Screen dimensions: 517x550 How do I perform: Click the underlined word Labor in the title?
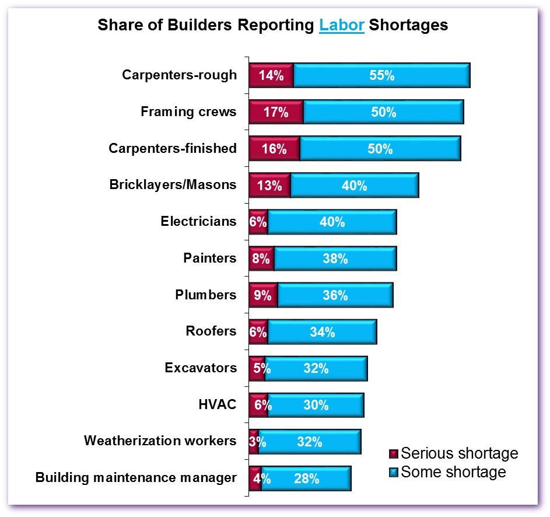[342, 26]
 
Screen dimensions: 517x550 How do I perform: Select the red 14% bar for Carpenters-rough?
[271, 76]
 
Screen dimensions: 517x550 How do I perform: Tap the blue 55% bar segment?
[381, 76]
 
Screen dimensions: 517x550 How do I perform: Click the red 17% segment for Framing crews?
[276, 113]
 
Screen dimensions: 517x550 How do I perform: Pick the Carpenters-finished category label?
[173, 148]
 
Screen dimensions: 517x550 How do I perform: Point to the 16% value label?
[274, 149]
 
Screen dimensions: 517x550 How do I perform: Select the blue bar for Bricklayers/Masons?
[354, 186]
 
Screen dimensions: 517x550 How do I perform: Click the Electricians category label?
[198, 221]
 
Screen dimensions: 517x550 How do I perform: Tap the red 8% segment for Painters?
[261, 259]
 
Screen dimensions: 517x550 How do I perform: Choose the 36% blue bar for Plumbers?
[335, 296]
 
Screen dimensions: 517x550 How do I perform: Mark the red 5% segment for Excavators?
[257, 369]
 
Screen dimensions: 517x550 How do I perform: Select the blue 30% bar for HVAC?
[316, 406]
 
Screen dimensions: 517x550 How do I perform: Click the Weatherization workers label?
[160, 441]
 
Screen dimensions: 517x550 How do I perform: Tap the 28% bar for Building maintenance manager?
[306, 479]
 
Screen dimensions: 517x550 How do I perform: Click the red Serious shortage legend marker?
[394, 454]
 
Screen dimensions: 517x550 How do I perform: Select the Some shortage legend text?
[453, 471]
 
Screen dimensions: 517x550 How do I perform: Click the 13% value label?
[269, 186]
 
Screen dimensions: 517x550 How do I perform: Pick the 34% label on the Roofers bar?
[323, 333]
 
